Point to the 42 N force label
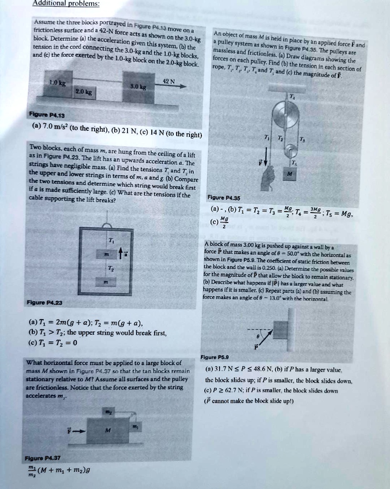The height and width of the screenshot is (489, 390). coord(166,81)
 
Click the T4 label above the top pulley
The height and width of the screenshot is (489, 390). coord(292,96)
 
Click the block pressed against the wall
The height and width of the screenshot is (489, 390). coord(281,330)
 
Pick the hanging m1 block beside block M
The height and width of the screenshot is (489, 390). coord(134,426)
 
